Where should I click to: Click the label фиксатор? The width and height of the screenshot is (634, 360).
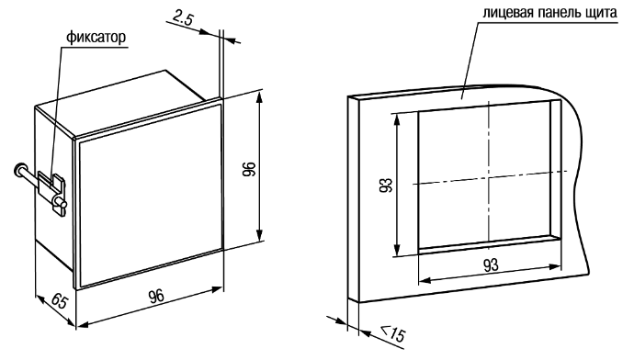click(x=96, y=38)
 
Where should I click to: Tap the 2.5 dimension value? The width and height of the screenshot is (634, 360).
click(x=183, y=17)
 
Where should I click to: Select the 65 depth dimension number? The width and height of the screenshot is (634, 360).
click(x=59, y=302)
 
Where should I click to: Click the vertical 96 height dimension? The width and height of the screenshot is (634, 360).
click(x=249, y=168)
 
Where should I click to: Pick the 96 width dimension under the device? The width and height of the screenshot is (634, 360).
click(x=156, y=296)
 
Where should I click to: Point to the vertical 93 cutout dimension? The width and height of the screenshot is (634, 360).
click(x=386, y=185)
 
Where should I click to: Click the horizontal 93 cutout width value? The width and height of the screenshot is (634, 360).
click(x=491, y=265)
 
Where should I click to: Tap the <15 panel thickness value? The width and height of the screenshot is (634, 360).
click(x=392, y=332)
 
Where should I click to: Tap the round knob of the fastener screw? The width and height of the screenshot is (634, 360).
click(x=20, y=168)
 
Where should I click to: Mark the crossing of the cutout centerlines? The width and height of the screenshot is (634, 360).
click(x=489, y=178)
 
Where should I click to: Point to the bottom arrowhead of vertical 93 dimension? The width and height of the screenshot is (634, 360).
click(x=398, y=250)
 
